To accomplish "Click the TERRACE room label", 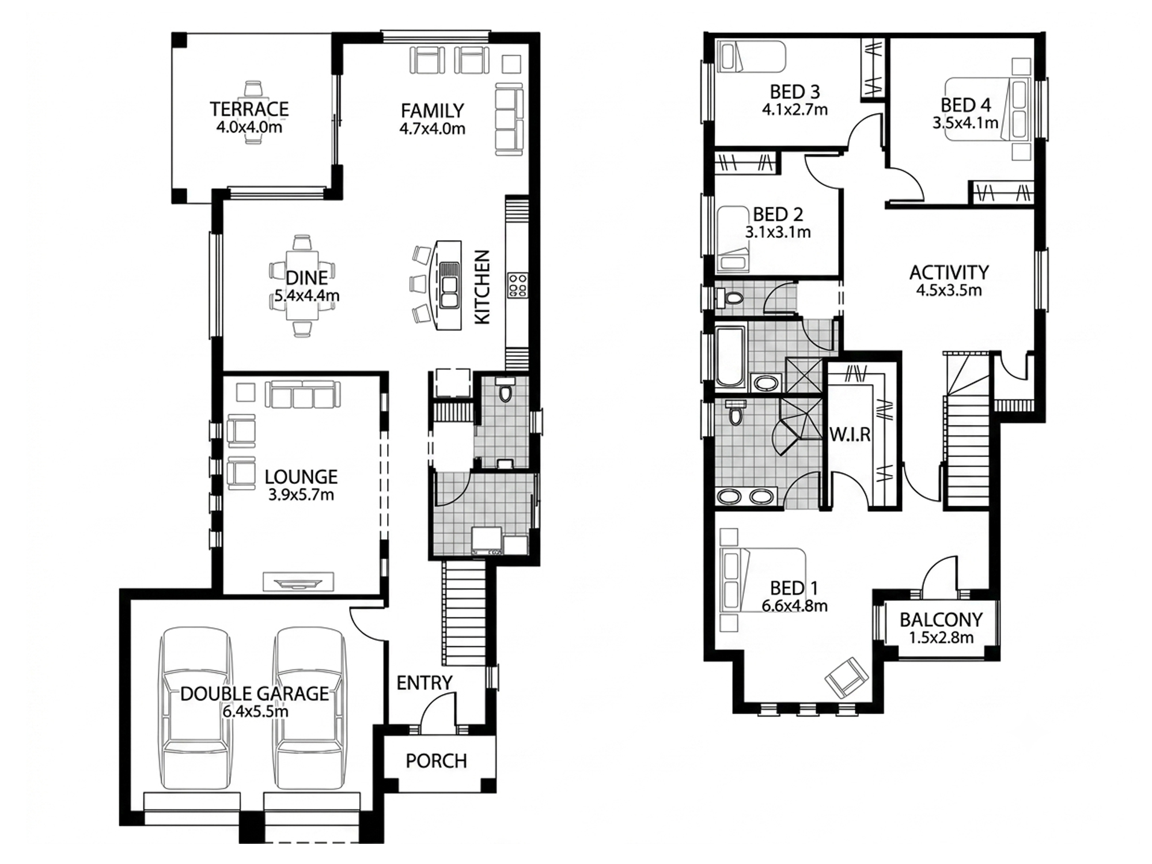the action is coord(249,108).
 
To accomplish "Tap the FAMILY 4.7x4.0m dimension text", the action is coord(432,128).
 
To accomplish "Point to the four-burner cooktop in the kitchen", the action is coord(517,285).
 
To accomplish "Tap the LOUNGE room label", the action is coord(301,476).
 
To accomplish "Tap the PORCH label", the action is coord(436,761).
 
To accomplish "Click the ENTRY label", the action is coord(425,683).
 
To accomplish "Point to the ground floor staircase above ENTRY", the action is coord(464,613).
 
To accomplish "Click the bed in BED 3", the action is coord(751,56).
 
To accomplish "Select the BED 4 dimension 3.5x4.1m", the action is coord(965,122).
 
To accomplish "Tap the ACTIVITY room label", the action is coord(949,272).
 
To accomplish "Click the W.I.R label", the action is coord(850,434).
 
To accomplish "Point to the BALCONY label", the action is coord(941,619).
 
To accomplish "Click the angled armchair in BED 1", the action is coord(846,677).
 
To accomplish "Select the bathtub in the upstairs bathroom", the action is coord(730,355).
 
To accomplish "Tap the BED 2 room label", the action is coord(778,214).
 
